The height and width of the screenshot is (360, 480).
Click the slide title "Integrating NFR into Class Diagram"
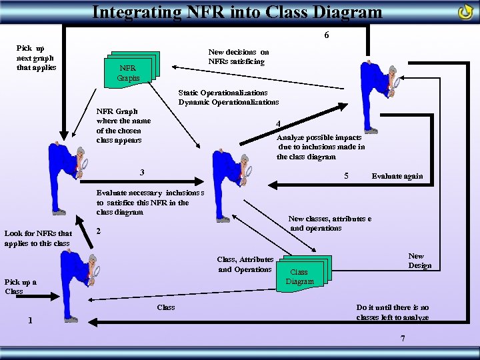click(x=237, y=11)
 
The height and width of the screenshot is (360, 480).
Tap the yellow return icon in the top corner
click(x=465, y=12)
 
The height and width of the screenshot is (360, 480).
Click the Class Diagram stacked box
click(x=302, y=274)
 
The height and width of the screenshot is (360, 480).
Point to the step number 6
click(x=326, y=35)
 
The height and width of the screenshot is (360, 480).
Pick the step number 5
click(x=345, y=176)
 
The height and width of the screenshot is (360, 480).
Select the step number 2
click(x=99, y=231)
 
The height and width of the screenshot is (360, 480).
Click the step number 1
click(x=30, y=320)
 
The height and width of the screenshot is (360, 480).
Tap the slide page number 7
click(x=403, y=338)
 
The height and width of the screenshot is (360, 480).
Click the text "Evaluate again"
click(x=397, y=176)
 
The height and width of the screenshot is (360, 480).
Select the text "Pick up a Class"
click(x=20, y=286)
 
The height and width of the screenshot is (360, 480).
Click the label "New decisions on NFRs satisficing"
click(x=238, y=57)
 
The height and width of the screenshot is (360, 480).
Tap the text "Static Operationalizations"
click(x=223, y=92)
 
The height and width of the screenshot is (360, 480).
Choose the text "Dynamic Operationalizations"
click(x=228, y=102)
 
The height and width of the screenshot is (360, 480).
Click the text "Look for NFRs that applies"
click(x=37, y=238)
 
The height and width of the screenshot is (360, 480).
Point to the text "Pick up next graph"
click(x=36, y=58)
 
